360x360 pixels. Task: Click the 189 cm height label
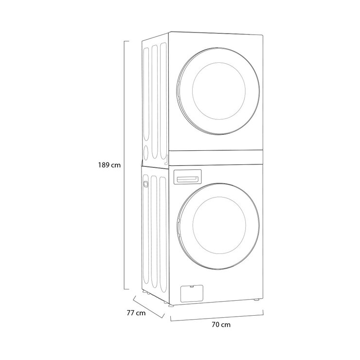click(x=109, y=165)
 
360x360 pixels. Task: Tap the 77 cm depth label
click(x=136, y=313)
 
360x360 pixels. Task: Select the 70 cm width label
click(x=221, y=324)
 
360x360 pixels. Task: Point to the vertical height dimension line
click(x=125, y=165)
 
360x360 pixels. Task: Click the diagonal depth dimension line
click(x=149, y=307)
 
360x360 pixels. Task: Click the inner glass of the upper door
click(x=219, y=91)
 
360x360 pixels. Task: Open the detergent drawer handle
click(x=188, y=180)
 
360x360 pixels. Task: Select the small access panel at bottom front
click(x=192, y=293)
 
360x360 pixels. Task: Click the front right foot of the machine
click(x=257, y=300)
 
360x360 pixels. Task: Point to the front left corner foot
click(x=171, y=306)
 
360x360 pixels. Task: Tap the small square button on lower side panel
click(x=145, y=184)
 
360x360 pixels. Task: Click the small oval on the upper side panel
click(x=146, y=151)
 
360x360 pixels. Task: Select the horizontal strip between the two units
click(x=216, y=158)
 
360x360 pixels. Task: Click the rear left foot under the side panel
click(x=144, y=291)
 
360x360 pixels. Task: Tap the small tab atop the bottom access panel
click(x=191, y=287)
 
